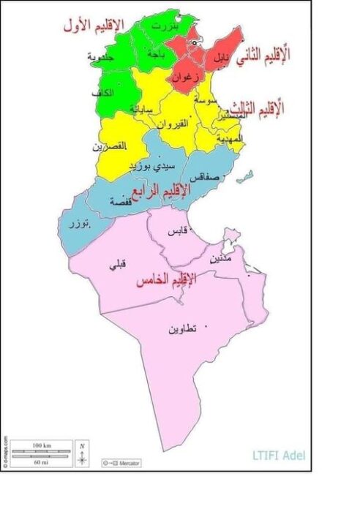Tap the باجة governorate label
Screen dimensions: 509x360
156,54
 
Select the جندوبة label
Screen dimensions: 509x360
100,57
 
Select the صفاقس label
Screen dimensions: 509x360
203,177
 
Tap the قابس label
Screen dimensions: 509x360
178,231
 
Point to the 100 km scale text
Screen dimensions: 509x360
42,445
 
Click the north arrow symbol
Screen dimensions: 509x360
83,453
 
